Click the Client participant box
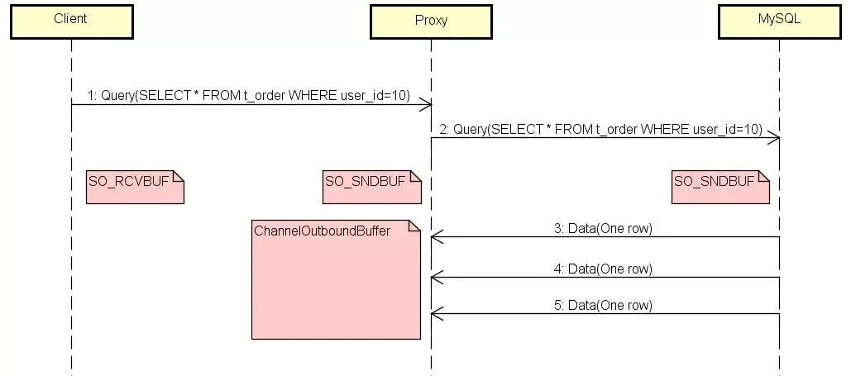point(70,21)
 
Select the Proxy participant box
point(430,21)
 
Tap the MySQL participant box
point(779,21)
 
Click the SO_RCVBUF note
point(134,187)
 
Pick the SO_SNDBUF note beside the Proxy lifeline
point(371,187)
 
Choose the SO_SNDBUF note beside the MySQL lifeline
point(720,187)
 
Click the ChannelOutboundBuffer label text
point(323,231)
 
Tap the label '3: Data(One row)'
point(603,229)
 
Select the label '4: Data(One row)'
point(603,269)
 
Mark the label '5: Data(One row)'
point(603,305)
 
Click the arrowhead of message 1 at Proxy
point(426,104)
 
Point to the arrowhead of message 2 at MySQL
point(774,137)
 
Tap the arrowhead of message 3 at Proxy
point(436,238)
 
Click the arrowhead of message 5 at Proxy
point(436,314)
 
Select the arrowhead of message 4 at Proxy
point(436,278)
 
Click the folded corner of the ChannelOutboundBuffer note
point(414,226)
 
